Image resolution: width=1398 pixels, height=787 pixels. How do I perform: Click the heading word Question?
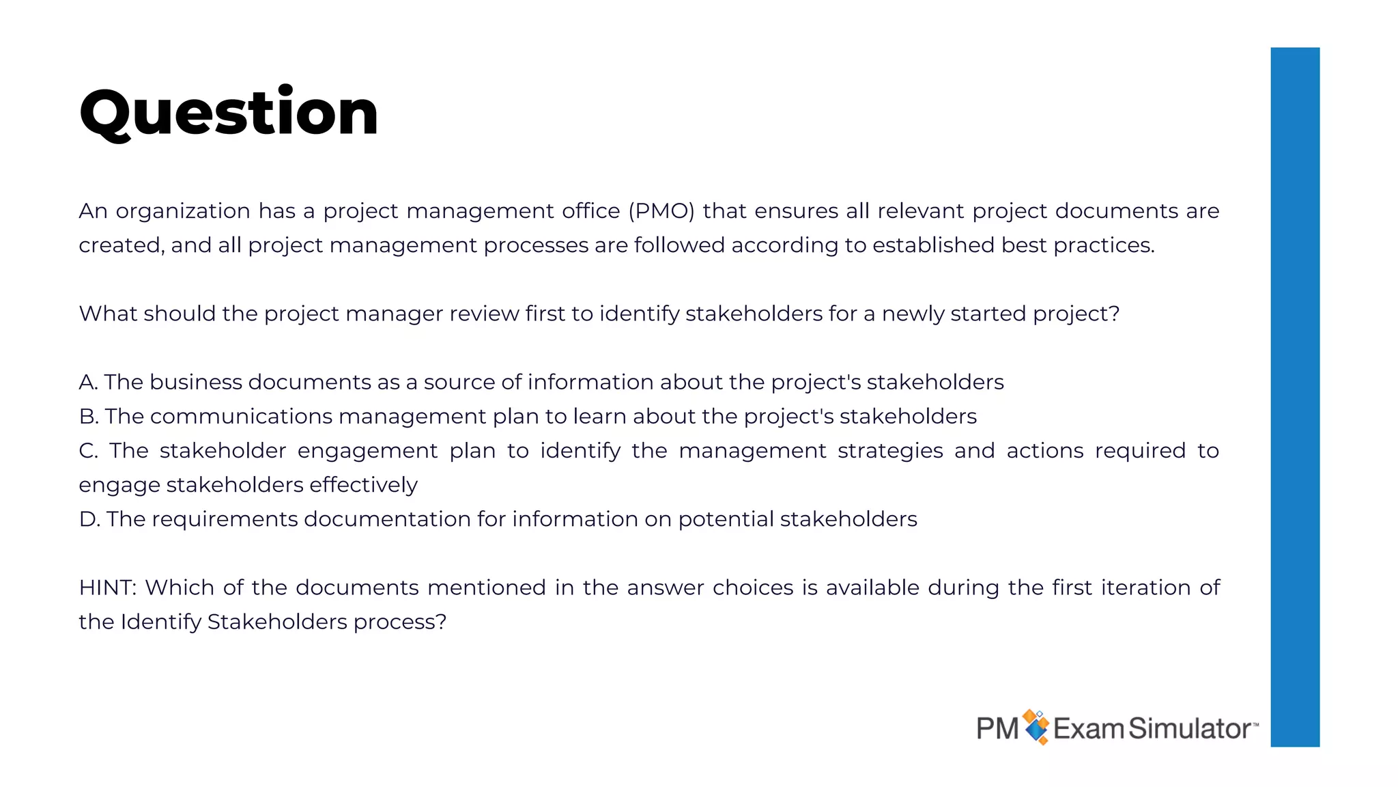coord(229,113)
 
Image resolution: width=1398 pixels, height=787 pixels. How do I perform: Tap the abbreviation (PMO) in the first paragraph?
coord(661,211)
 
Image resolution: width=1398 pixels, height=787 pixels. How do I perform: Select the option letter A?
coord(88,382)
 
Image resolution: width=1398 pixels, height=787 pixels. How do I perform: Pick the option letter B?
coord(88,416)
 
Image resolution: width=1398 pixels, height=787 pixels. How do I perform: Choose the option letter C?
coord(88,451)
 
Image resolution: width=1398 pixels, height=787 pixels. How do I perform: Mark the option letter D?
coord(89,519)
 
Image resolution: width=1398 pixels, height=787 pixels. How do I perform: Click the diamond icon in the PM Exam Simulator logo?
coord(1036,727)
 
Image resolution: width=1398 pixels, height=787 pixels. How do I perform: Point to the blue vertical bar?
coord(1294,396)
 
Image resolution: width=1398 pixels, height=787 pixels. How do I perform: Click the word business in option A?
coord(195,382)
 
